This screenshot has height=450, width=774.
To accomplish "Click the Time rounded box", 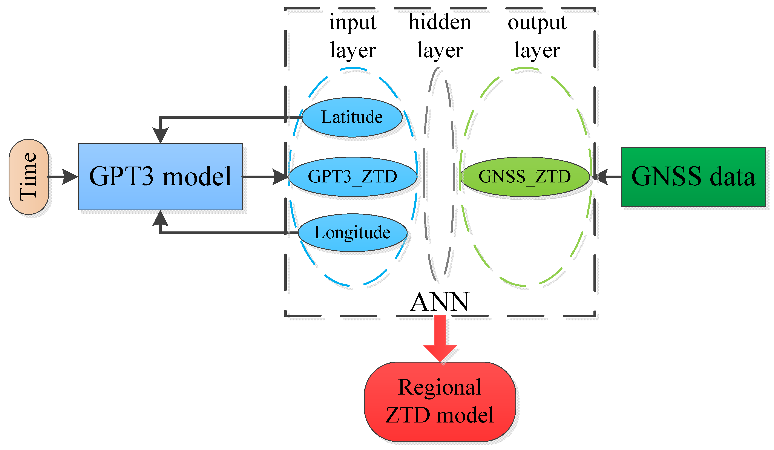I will point(29,177).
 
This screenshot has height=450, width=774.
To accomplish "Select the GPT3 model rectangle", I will point(160,177).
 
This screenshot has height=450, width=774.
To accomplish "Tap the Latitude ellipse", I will point(352,117).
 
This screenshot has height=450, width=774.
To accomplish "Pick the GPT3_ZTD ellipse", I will point(353,177).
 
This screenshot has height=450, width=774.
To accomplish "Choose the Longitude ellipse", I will point(353,233).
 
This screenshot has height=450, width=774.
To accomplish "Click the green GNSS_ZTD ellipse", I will point(525,177).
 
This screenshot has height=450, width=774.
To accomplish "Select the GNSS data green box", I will point(693,177).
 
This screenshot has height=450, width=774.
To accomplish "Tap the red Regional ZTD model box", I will point(440,401).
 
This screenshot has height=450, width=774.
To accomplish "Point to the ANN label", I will point(440,302).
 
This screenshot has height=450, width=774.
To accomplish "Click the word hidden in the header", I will point(440,23).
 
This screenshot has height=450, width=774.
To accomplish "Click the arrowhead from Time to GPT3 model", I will point(70,177).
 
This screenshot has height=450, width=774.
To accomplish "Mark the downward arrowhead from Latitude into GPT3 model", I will point(160,135).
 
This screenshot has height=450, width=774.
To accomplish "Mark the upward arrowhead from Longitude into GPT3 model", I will point(160,218).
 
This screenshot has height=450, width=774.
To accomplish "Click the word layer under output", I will point(537,51).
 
